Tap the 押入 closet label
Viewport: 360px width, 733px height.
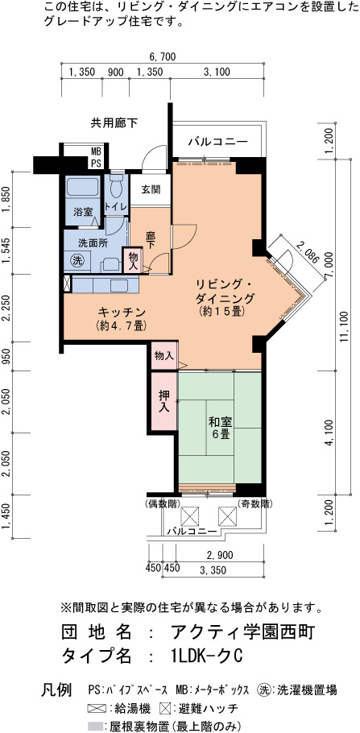point(164,401)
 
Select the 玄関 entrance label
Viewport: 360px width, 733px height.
point(151,190)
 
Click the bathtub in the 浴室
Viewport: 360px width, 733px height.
point(82,187)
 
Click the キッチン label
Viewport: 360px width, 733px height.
point(122,312)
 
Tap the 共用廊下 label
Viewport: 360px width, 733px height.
point(114,123)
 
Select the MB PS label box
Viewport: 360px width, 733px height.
point(96,157)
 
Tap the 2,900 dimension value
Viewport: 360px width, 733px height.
point(219,555)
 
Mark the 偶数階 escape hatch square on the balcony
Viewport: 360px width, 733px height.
point(190,516)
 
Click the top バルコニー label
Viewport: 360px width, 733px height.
point(218,142)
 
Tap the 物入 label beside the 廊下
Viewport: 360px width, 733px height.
point(132,260)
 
